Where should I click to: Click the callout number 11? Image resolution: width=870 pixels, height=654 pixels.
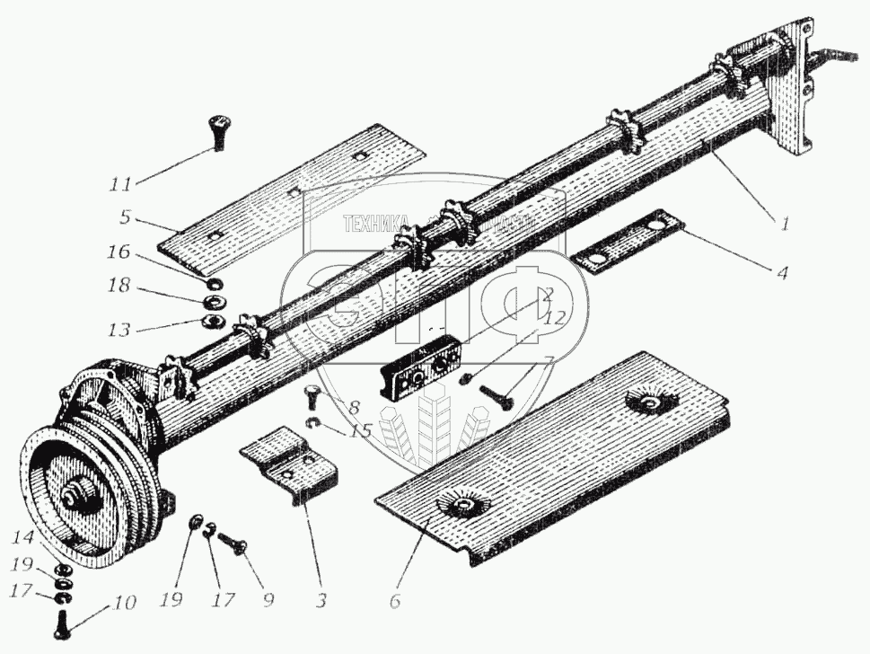pos(119,184)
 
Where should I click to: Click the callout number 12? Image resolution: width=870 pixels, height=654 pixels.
pos(554,316)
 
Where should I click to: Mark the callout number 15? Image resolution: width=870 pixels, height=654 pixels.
pos(361,432)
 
